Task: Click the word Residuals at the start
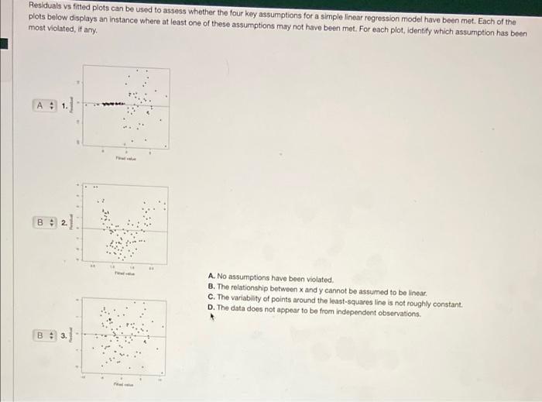coord(46,5)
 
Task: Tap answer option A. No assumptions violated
coord(270,278)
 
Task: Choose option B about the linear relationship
coord(317,287)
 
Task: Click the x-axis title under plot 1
coord(125,158)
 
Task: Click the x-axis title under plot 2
coord(124,273)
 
